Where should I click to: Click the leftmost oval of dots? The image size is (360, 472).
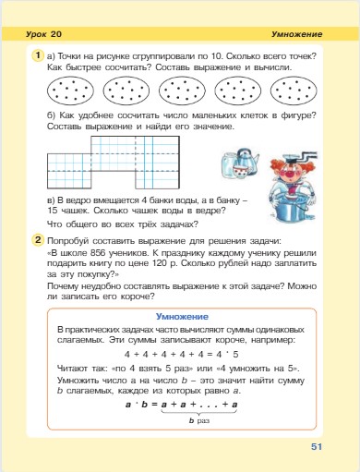[68, 91]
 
